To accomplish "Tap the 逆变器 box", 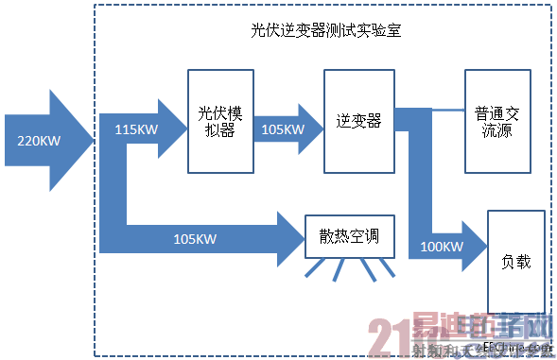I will pos(358,121).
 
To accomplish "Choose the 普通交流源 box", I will pos(496,121).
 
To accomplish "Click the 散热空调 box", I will pos(348,236).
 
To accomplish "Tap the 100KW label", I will pos(440,248).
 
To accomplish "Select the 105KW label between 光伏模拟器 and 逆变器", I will pos(282,129).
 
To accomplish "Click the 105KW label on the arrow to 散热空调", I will pos(195,238).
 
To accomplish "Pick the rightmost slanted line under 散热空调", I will pos(388,271).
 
